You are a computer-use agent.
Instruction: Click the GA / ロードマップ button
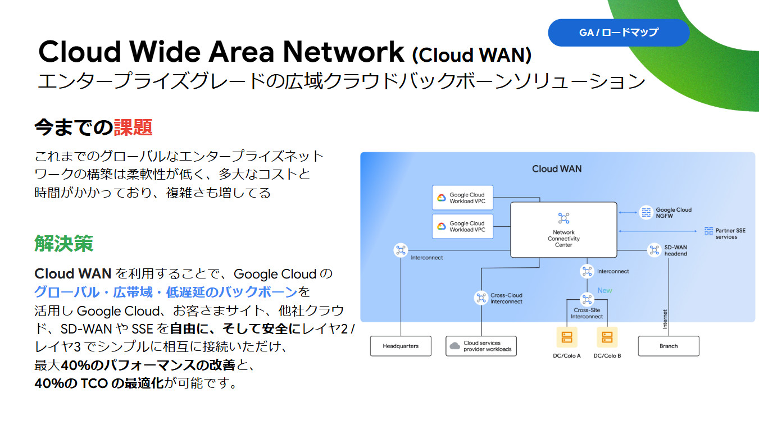618,33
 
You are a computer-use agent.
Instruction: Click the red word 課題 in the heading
133,127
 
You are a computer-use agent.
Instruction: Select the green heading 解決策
63,244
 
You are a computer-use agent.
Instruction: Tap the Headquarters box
401,346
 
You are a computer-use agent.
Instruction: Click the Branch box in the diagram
669,346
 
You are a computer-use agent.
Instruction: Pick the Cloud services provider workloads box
481,346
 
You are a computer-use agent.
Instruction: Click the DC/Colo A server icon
567,337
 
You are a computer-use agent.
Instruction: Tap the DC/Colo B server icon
607,337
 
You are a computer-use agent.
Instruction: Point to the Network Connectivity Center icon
563,218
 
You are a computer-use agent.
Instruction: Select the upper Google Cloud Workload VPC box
462,198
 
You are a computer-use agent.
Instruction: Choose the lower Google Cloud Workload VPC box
462,227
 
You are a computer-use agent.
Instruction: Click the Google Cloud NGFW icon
646,212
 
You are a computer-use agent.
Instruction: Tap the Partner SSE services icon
708,231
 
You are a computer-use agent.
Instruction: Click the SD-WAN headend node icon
654,250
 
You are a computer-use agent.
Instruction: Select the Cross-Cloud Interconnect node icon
481,298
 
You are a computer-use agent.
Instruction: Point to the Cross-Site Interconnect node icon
587,299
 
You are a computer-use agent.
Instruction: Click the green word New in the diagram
605,290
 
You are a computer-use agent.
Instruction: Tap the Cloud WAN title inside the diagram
557,168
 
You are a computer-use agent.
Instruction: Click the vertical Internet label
665,319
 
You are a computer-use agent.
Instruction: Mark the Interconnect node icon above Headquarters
401,250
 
